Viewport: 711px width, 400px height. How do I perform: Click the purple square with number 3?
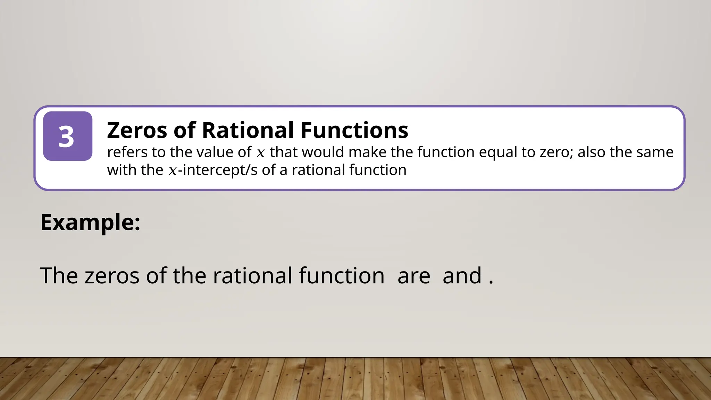coord(68,136)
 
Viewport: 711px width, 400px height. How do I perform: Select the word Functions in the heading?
coord(354,130)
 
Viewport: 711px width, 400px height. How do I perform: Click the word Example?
coord(90,222)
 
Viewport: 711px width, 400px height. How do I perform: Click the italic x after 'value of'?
coord(260,153)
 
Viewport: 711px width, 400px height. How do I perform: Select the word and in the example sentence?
coord(462,276)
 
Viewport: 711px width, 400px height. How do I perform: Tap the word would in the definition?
coord(323,152)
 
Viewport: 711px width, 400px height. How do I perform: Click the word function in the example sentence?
coord(341,276)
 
